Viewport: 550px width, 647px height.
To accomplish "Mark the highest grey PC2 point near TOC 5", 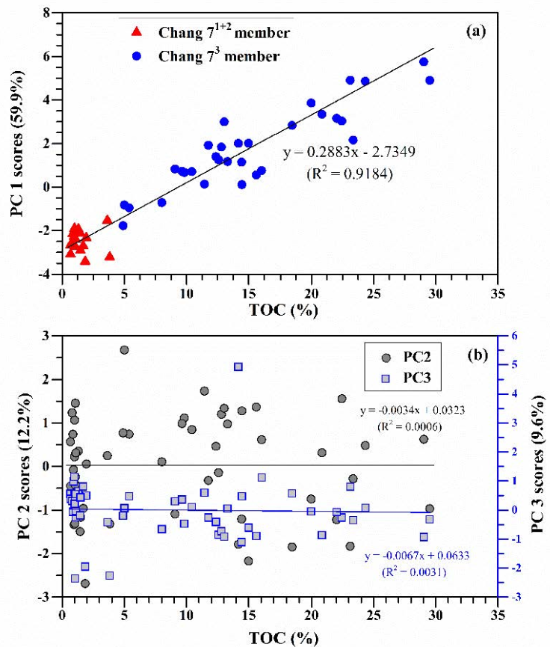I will pyautogui.click(x=125, y=350).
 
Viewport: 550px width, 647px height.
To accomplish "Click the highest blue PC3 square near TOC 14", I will pyautogui.click(x=238, y=367).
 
